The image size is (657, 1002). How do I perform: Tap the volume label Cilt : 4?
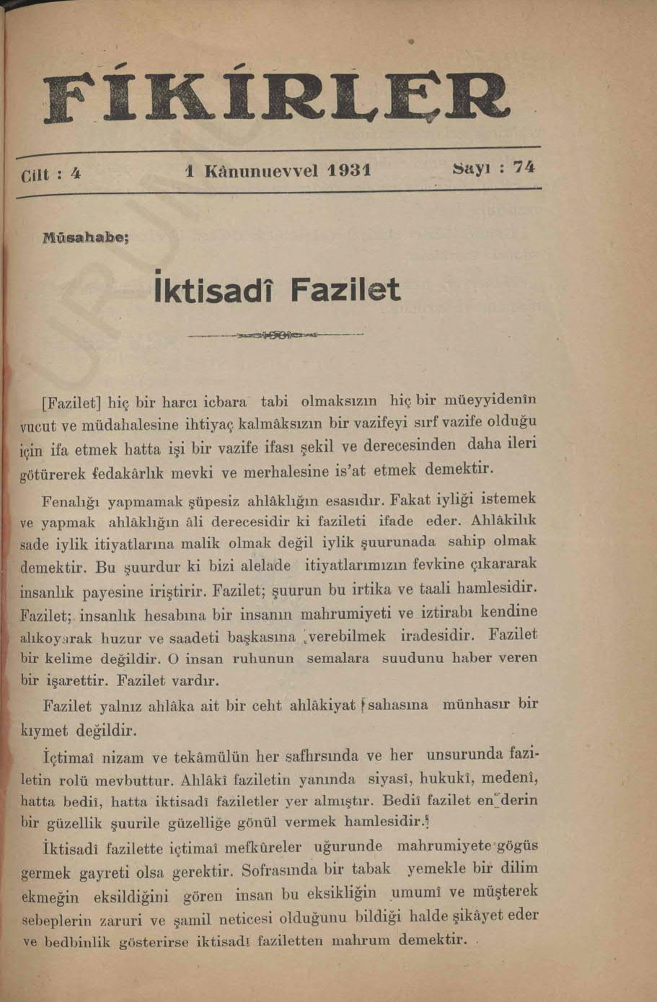click(50, 176)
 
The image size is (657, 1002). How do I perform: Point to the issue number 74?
click(524, 167)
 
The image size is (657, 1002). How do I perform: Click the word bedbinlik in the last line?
click(77, 943)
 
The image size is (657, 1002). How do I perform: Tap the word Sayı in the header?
click(472, 168)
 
